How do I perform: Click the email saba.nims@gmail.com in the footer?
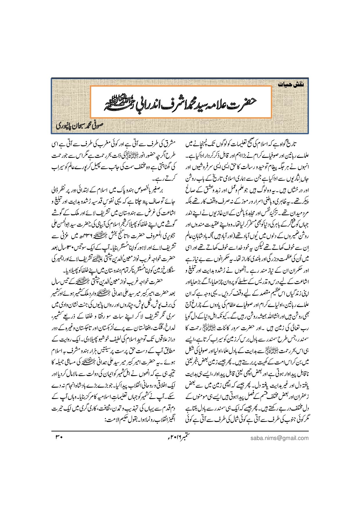click(x=279, y=438)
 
